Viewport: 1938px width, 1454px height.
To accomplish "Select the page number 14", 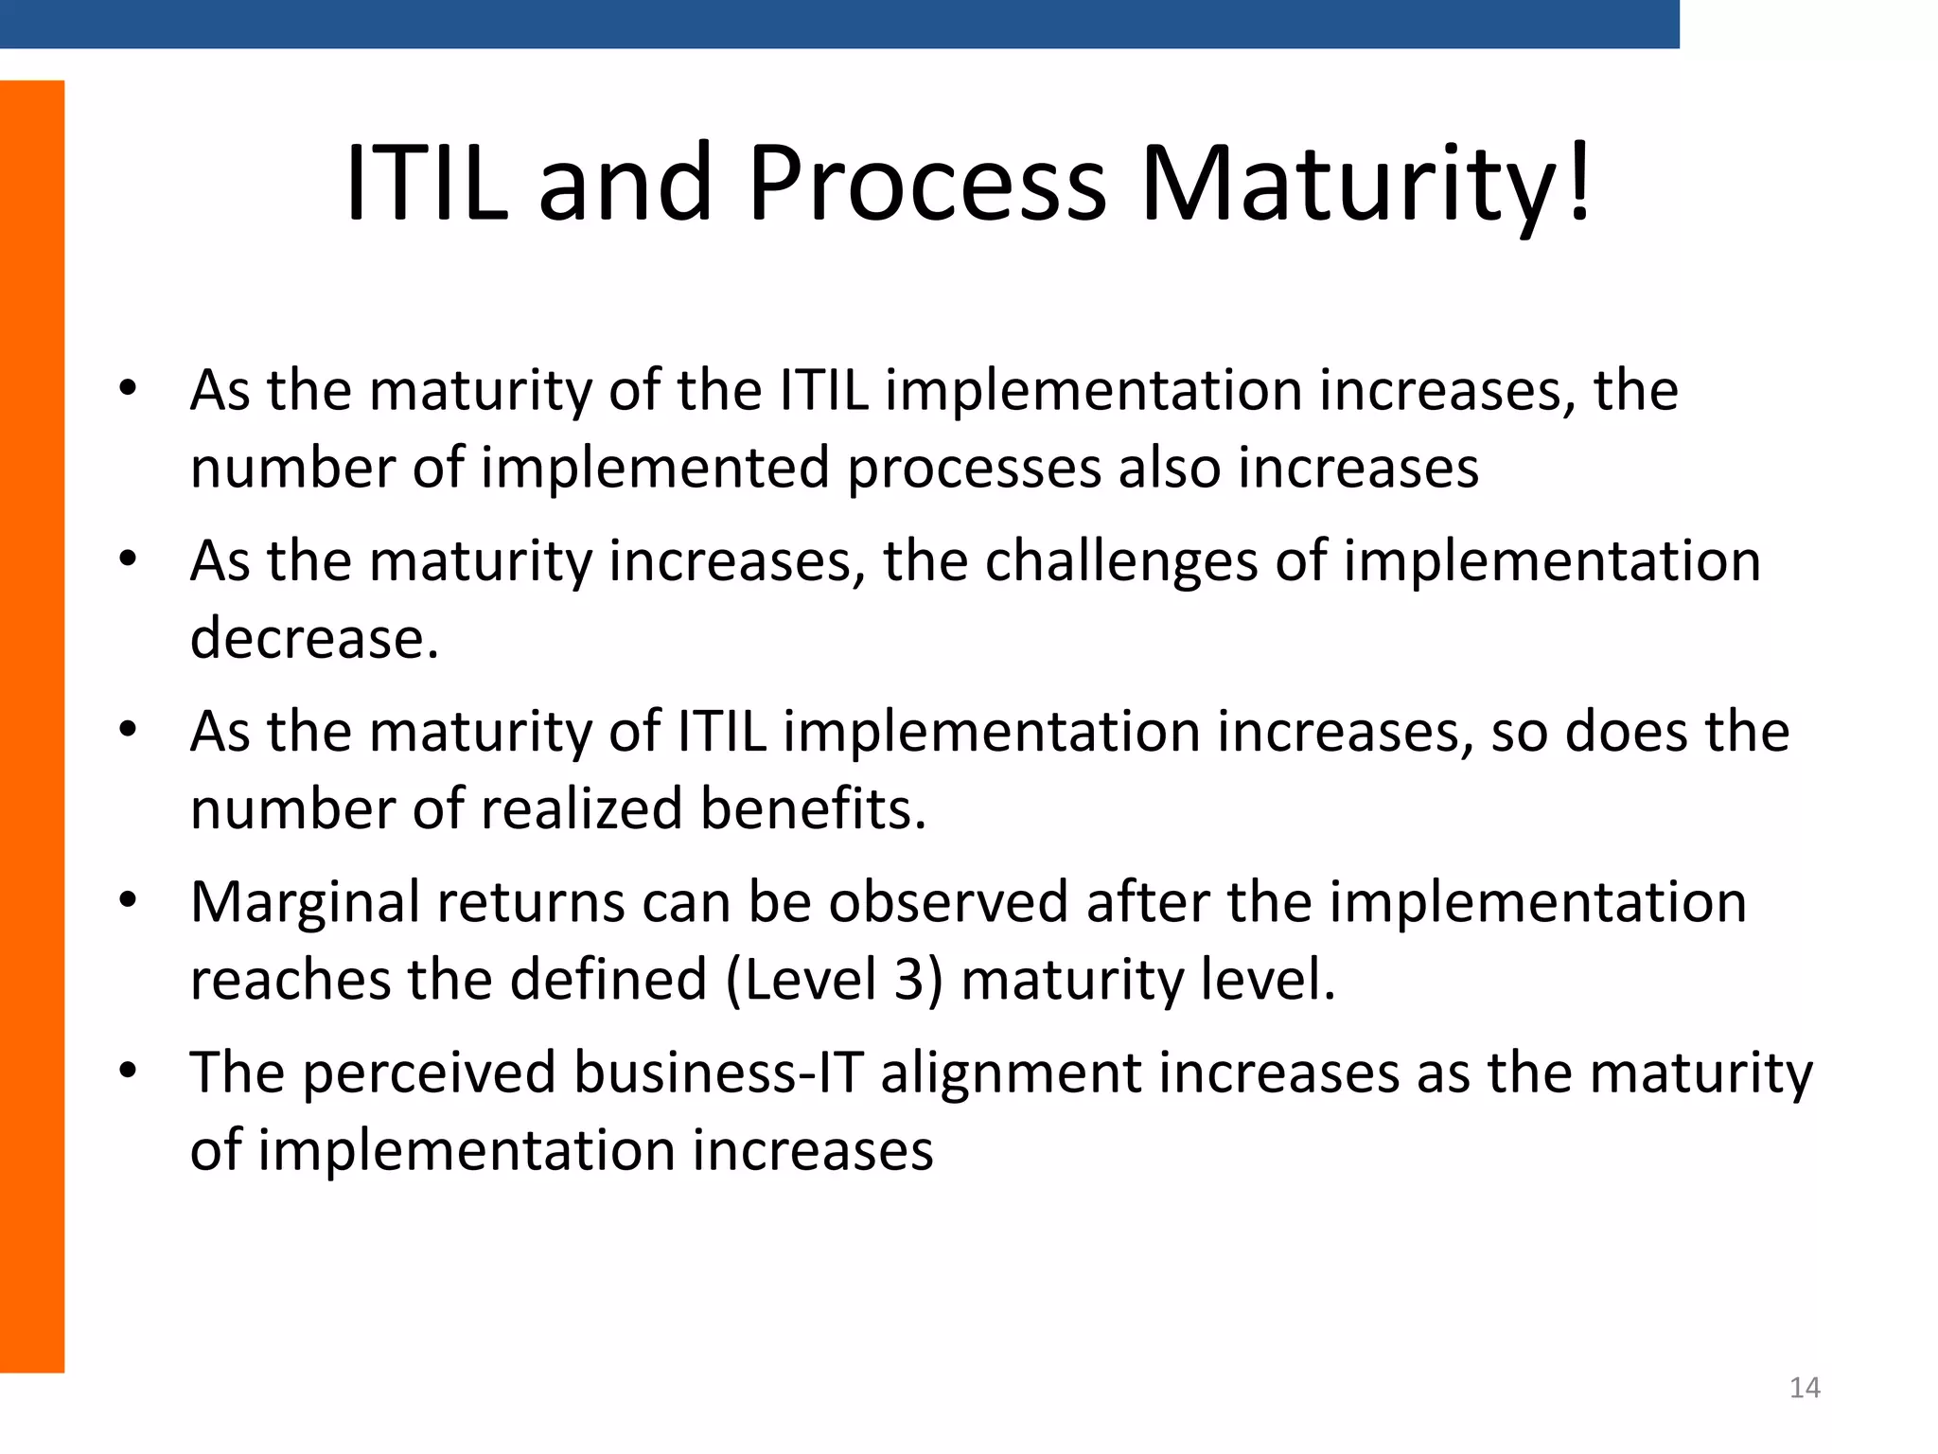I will [x=1805, y=1388].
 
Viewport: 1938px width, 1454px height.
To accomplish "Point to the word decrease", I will [x=314, y=638].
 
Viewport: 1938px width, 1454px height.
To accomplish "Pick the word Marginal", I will [x=305, y=902].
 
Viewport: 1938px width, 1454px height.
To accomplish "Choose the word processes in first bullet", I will [x=974, y=469].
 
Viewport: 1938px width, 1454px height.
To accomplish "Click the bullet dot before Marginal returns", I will [x=129, y=899].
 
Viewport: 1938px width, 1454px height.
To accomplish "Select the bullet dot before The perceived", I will [x=129, y=1071].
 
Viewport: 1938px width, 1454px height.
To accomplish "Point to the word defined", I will [x=608, y=979].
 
